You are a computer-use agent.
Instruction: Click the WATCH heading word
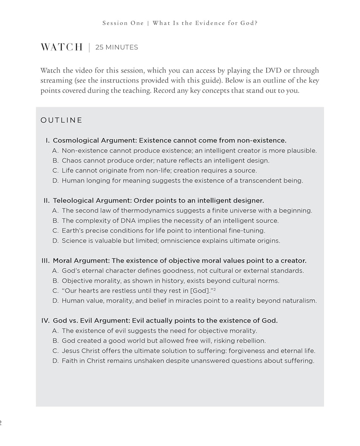[x=62, y=47]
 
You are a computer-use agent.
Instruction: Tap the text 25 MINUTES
[x=117, y=47]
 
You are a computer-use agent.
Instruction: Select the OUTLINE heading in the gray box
[x=61, y=120]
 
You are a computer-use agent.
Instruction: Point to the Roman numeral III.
[x=45, y=260]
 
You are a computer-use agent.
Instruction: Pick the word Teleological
[x=73, y=200]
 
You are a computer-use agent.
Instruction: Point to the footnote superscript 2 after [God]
[x=215, y=289]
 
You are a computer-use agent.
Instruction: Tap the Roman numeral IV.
[x=45, y=321]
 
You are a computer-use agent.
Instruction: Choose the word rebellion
[x=251, y=341]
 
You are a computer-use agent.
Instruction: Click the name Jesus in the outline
[x=71, y=351]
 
